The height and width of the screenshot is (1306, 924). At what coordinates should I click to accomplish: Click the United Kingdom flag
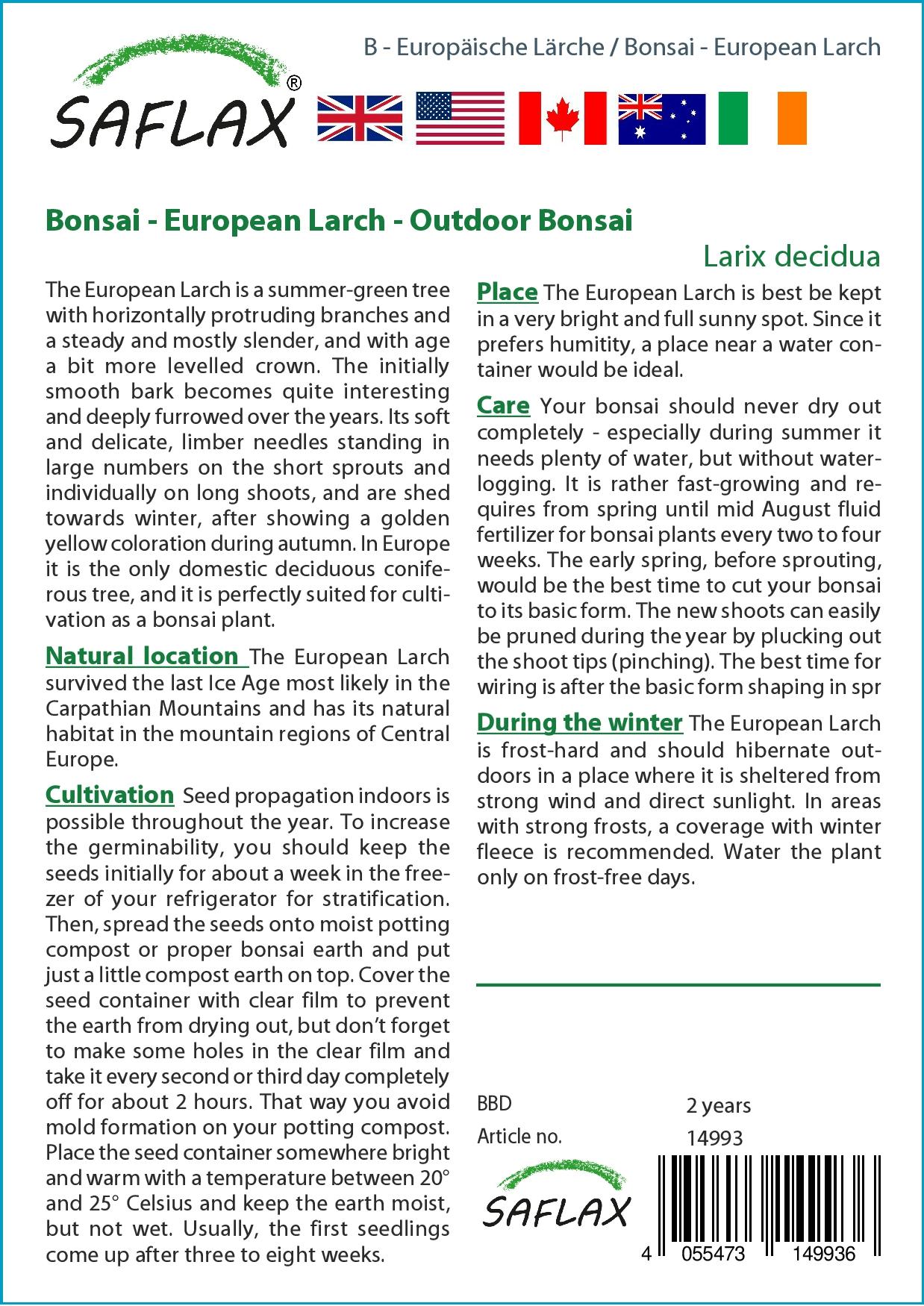(x=360, y=119)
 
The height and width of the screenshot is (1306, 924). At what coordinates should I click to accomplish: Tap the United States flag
(x=460, y=119)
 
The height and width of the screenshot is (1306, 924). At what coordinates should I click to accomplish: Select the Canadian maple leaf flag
(x=562, y=119)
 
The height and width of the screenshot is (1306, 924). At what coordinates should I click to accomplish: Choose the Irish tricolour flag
(x=762, y=119)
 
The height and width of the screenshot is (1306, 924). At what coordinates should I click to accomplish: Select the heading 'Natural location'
(x=141, y=656)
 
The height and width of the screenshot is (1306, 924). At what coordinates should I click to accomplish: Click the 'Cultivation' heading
(x=110, y=795)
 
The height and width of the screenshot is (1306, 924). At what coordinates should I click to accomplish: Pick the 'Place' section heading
(x=508, y=292)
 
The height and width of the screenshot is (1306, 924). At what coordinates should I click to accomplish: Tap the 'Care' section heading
(x=503, y=405)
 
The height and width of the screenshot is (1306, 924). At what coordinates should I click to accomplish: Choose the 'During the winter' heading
(x=580, y=722)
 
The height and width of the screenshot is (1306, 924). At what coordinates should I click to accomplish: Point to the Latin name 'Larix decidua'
(x=791, y=256)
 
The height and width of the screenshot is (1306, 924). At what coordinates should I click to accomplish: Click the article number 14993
(x=714, y=1138)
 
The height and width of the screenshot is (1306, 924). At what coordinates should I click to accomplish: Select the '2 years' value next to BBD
(x=718, y=1105)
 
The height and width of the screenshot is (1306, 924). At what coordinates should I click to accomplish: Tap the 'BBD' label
(x=494, y=1105)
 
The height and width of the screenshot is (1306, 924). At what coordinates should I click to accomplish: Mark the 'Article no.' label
(x=519, y=1137)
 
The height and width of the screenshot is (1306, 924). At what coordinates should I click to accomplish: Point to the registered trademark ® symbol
(x=294, y=84)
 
